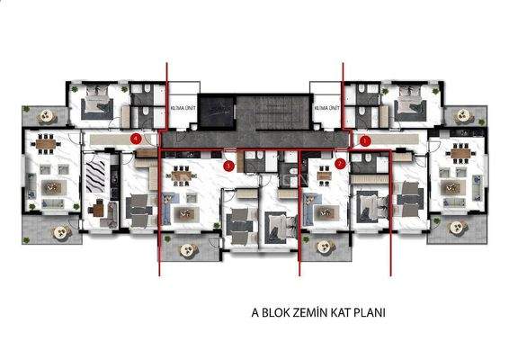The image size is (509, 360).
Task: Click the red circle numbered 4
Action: [x=135, y=139]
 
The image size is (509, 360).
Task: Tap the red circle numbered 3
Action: [x=364, y=141]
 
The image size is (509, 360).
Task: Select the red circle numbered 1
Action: [x=229, y=166]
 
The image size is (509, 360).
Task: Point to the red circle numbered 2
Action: [x=340, y=164]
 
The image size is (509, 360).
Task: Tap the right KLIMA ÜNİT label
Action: [x=326, y=109]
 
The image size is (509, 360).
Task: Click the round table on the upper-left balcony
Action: [x=40, y=114]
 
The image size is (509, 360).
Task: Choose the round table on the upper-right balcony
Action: [x=464, y=115]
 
